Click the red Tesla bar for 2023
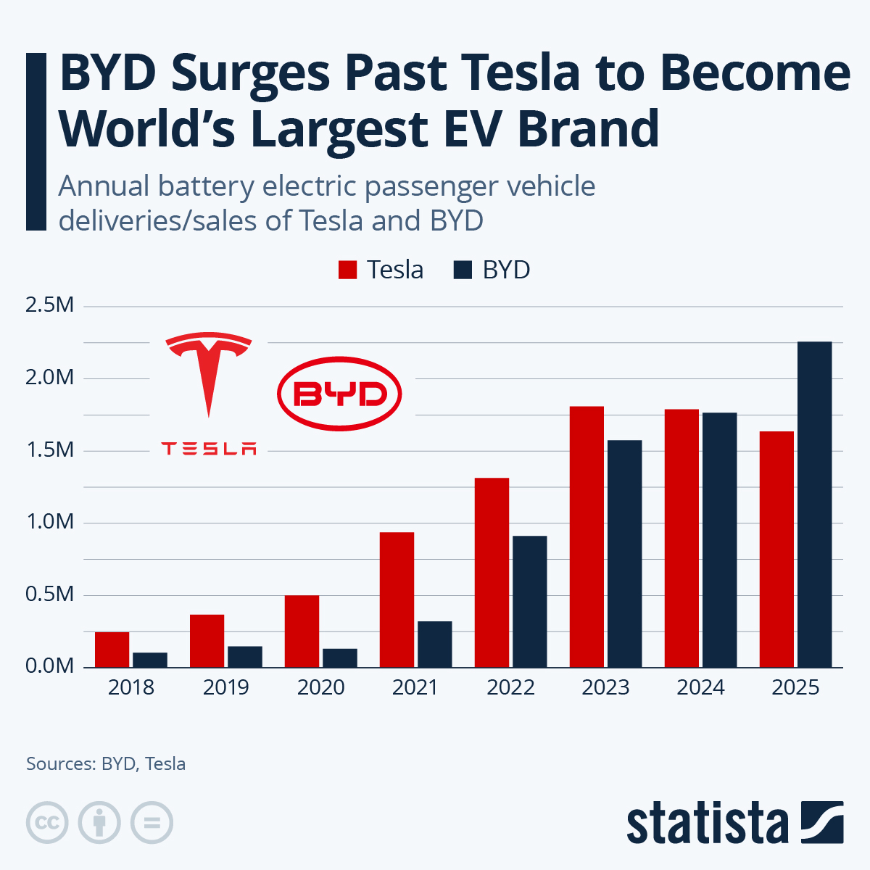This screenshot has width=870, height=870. [587, 536]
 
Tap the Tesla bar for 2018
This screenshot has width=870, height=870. [112, 650]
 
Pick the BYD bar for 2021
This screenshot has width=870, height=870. [434, 644]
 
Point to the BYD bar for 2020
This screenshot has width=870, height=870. [339, 658]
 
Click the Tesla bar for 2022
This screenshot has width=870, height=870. [492, 573]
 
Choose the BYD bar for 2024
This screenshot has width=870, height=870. [719, 539]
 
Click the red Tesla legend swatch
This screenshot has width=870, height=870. [348, 270]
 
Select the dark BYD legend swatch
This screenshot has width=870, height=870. [463, 270]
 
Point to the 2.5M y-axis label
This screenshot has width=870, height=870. [49, 304]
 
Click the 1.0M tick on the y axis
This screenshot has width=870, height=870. [49, 521]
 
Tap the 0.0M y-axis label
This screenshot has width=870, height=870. [49, 666]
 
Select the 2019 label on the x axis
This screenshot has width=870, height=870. [225, 687]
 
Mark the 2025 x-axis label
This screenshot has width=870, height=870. [795, 687]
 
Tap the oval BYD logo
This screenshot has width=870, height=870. [339, 394]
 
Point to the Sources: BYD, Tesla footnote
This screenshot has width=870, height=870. [106, 763]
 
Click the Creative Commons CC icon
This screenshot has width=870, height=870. [47, 823]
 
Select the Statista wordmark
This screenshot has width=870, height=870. [707, 824]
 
